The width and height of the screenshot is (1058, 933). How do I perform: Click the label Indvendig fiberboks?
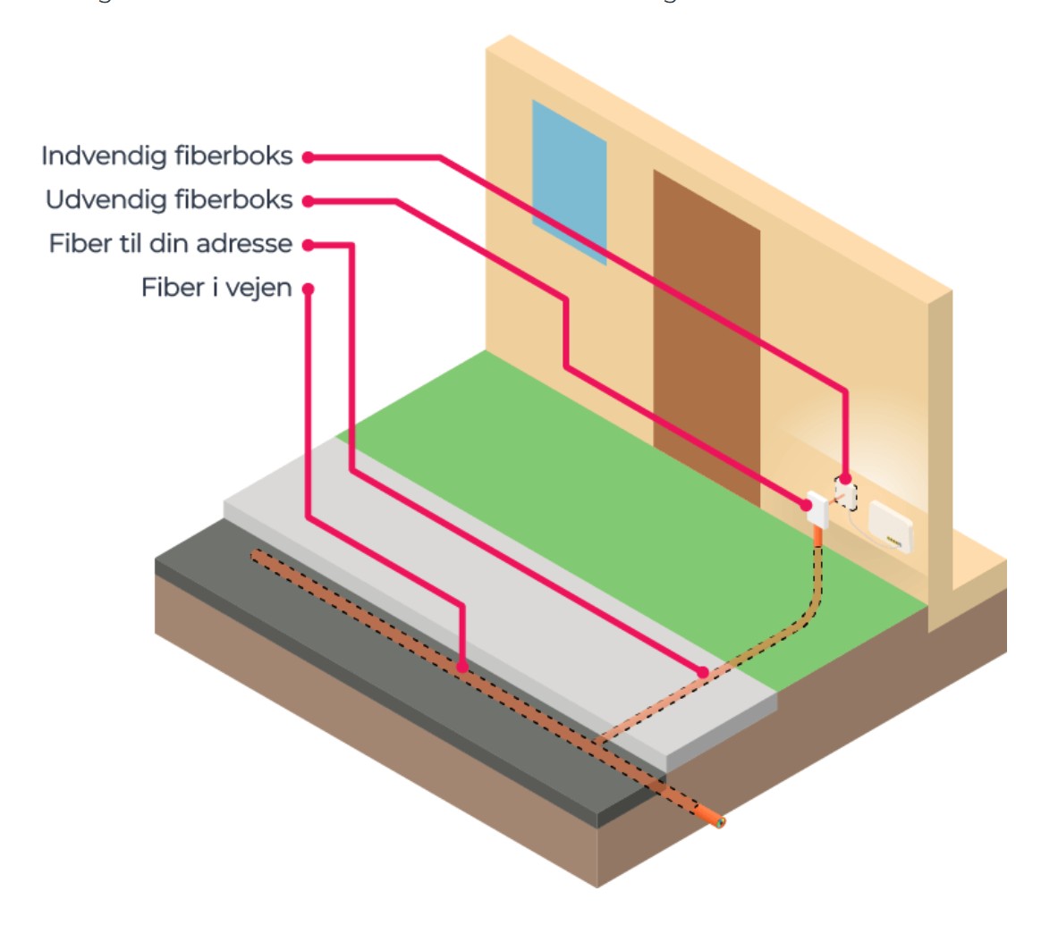[x=167, y=156]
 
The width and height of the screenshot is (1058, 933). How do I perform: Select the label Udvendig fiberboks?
[x=169, y=200]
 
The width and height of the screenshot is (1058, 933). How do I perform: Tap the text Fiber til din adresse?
[x=171, y=244]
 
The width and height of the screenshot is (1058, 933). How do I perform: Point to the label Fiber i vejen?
[x=216, y=288]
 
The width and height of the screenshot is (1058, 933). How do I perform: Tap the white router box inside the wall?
[x=890, y=526]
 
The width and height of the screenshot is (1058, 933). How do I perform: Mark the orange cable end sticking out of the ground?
[x=713, y=817]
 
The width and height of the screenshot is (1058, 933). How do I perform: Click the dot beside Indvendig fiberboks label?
[x=308, y=157]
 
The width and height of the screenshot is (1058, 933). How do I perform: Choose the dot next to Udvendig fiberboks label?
[x=308, y=201]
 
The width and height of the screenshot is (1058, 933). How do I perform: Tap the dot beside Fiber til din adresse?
[x=308, y=244]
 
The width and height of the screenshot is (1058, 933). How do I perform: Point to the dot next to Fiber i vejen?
[x=308, y=289]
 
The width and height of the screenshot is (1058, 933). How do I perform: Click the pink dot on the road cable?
[x=461, y=667]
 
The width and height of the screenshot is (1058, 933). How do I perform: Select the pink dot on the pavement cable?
[x=704, y=672]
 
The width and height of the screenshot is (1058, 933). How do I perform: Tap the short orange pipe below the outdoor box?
[x=817, y=536]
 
